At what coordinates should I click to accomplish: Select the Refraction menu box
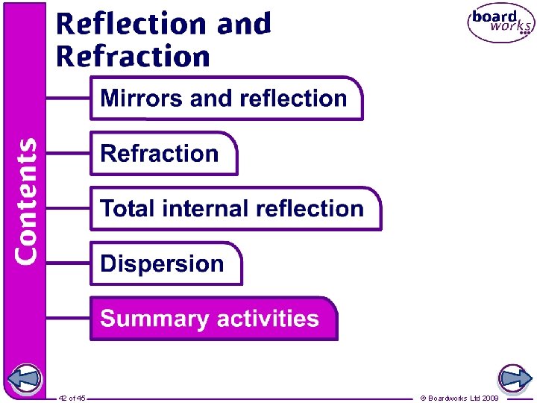pyautogui.click(x=163, y=154)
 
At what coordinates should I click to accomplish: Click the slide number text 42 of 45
pyautogui.click(x=72, y=399)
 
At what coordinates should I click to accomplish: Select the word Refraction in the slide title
pyautogui.click(x=133, y=57)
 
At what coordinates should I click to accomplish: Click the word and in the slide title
pyautogui.click(x=244, y=24)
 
